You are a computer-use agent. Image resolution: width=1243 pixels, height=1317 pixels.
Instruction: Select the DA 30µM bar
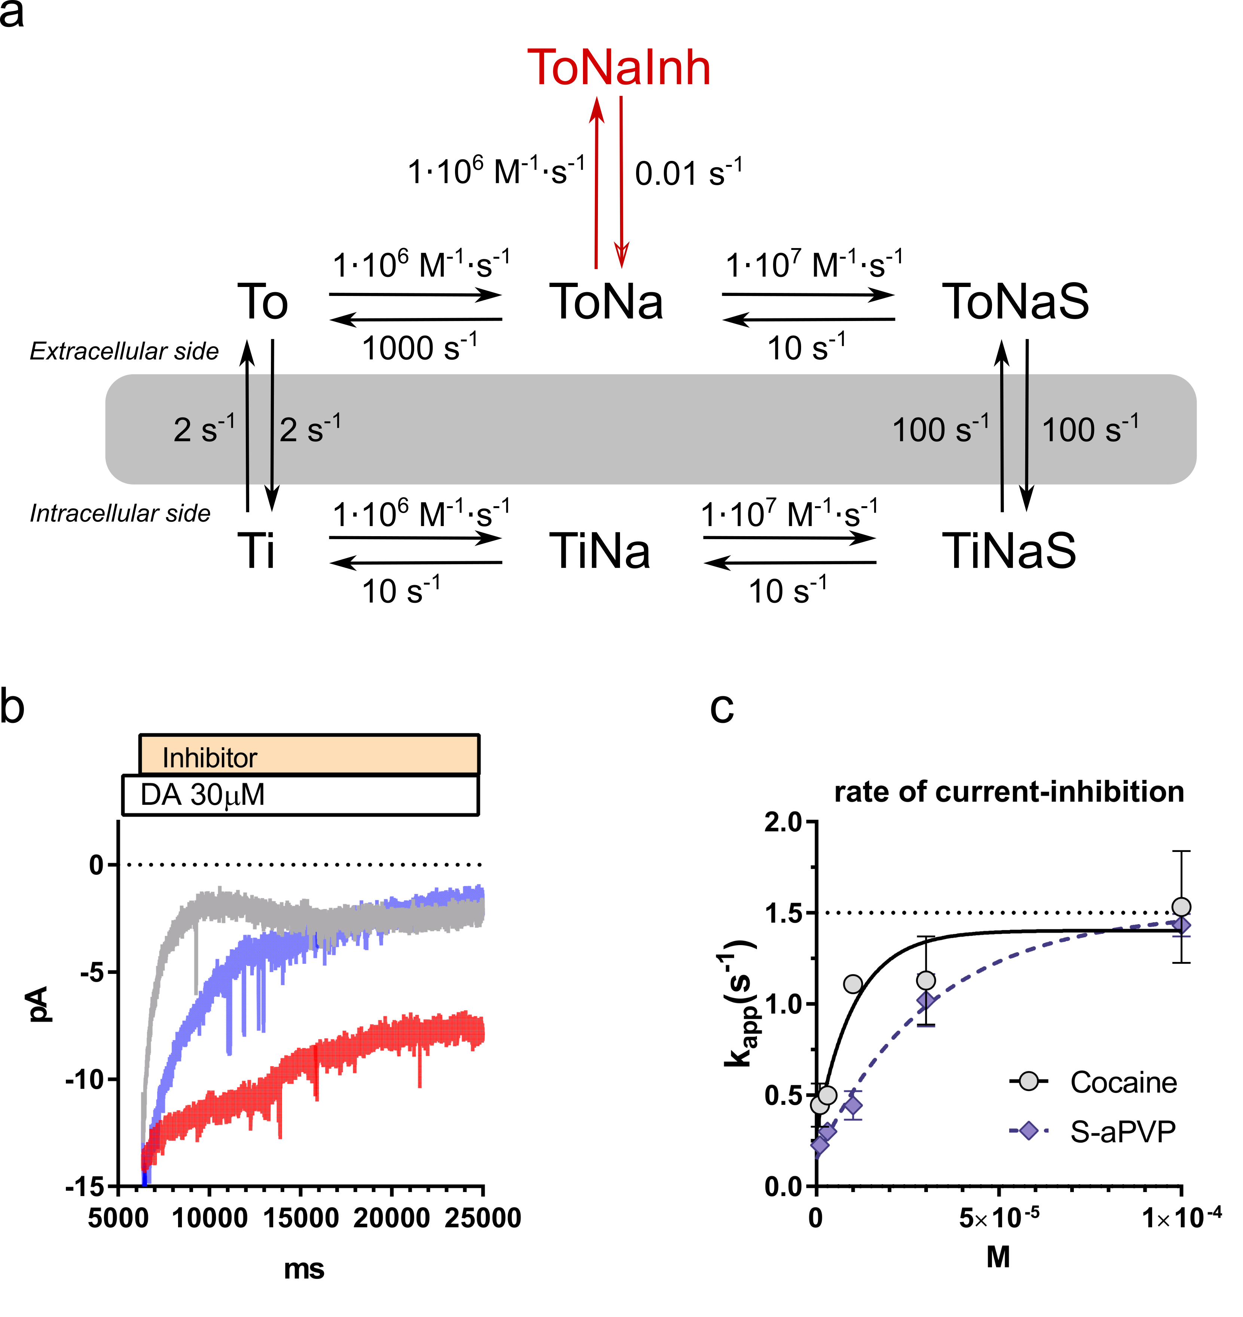(300, 795)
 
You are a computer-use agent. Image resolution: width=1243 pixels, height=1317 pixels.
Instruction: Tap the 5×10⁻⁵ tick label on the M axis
(999, 1217)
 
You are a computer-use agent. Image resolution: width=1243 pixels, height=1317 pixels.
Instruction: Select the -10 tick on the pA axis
(85, 1080)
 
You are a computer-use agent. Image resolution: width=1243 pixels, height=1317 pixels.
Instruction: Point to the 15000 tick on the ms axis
(301, 1217)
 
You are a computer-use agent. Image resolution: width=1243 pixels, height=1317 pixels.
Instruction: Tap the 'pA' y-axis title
(40, 1003)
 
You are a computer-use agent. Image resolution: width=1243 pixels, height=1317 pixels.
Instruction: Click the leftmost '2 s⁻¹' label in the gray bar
(204, 429)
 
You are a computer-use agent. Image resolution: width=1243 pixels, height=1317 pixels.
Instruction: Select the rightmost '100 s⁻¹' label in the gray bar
(1090, 429)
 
